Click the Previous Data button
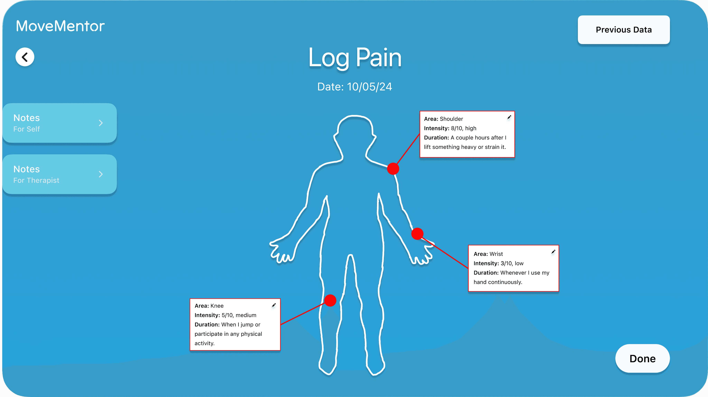623,30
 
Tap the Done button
642,358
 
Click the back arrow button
25,57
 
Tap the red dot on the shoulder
393,169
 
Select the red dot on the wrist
417,234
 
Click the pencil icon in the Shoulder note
509,117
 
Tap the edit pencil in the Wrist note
553,252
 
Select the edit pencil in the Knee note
274,305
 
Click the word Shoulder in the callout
451,119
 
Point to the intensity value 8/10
457,128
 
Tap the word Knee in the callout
217,306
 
